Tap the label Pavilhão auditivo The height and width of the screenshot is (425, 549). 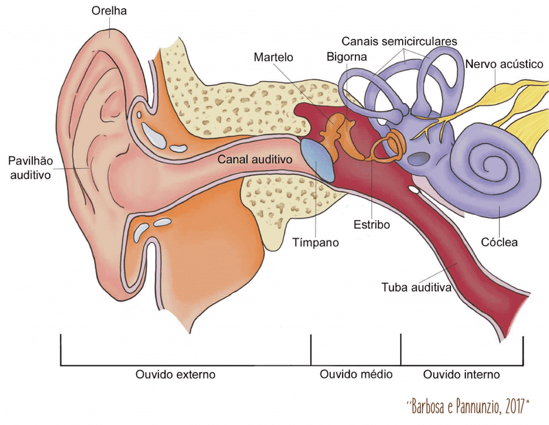[x=30, y=167]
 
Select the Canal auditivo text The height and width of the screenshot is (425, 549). [x=255, y=159]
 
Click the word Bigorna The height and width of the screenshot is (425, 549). [x=347, y=56]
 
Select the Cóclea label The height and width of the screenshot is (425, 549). [x=499, y=242]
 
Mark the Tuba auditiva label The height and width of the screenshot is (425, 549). [x=416, y=288]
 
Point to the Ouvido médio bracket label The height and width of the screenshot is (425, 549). [x=356, y=375]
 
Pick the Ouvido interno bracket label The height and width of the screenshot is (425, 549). [x=461, y=375]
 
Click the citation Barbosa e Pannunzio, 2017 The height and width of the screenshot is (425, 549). [x=469, y=406]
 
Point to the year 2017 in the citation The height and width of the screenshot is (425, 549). [x=516, y=406]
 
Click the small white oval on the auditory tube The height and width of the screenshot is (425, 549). [x=413, y=187]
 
